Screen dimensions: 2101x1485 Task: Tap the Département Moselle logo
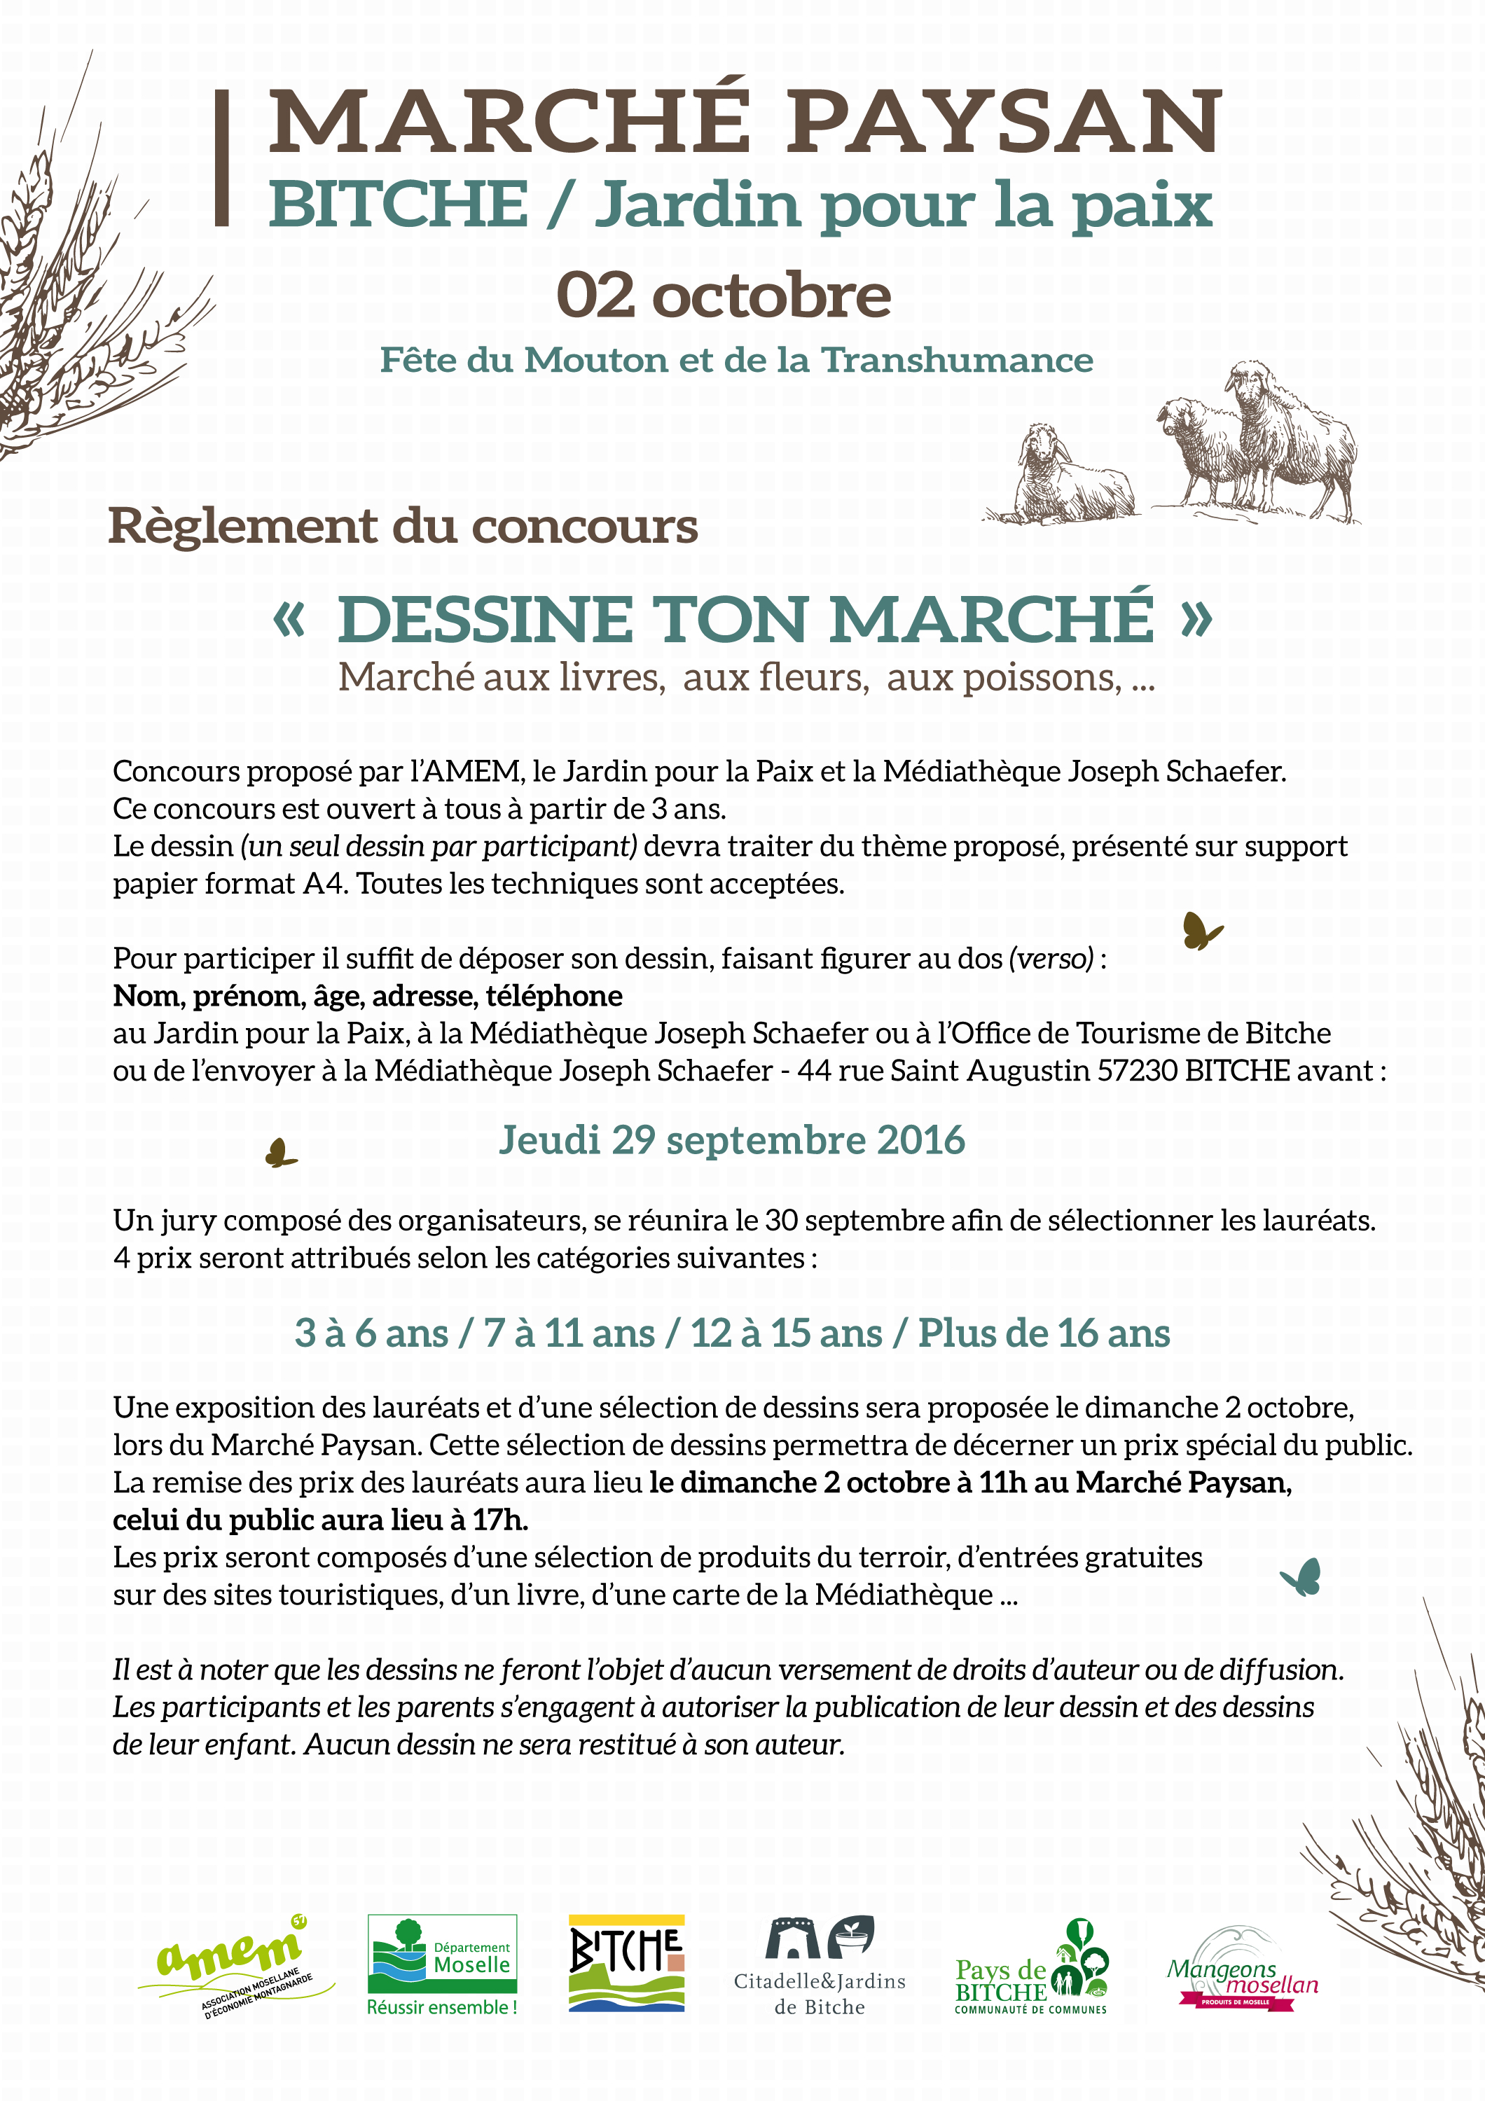click(442, 1963)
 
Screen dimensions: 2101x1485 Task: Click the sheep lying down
click(1070, 476)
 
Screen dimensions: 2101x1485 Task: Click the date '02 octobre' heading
click(723, 296)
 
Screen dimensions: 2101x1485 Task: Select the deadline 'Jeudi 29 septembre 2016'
click(731, 1140)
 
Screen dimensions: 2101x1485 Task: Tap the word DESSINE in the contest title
click(485, 620)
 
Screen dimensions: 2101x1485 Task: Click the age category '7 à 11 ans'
click(569, 1334)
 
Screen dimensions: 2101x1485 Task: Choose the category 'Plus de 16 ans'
click(1044, 1334)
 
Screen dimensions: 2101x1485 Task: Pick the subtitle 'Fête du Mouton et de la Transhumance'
click(737, 361)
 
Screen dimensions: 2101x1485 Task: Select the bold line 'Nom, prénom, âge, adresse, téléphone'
click(368, 996)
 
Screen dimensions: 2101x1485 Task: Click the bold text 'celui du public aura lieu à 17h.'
click(320, 1520)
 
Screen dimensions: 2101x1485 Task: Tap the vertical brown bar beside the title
click(221, 158)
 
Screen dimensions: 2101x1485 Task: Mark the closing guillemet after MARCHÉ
click(1195, 618)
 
